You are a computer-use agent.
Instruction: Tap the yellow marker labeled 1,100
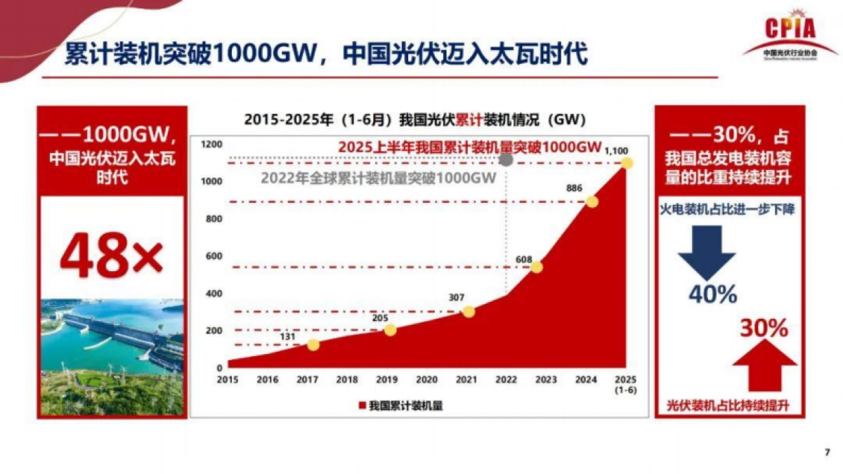click(627, 163)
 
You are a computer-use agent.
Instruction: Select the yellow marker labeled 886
click(592, 202)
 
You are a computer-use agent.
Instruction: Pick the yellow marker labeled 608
click(537, 267)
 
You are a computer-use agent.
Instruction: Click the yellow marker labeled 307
click(469, 311)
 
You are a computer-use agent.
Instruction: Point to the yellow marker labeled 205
click(390, 330)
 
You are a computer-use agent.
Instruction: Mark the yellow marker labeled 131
click(313, 345)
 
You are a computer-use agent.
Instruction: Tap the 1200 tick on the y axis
click(212, 144)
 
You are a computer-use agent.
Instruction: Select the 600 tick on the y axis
click(214, 256)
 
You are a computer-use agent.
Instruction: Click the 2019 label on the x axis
click(386, 380)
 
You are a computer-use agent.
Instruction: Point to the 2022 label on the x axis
click(506, 380)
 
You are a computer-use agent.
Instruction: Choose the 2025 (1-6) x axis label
click(625, 384)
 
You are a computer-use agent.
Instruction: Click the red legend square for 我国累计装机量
click(362, 405)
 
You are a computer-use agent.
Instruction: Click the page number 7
click(826, 452)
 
